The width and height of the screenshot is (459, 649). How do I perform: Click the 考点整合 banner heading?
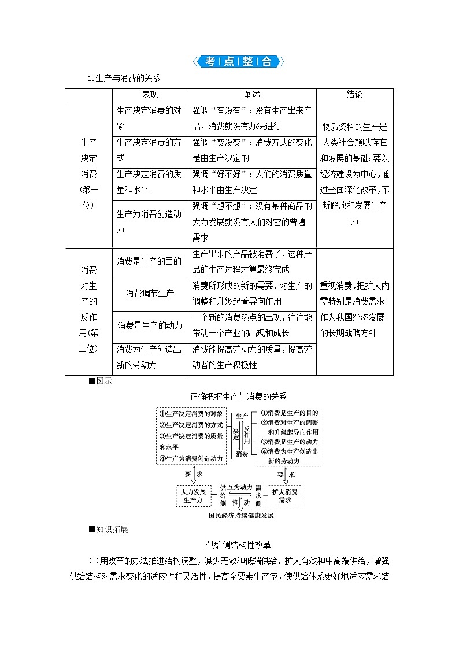coord(238,62)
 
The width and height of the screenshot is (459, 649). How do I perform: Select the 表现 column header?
coord(150,95)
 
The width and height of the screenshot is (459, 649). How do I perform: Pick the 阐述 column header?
coord(252,95)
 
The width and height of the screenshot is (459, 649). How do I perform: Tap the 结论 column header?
coord(354,95)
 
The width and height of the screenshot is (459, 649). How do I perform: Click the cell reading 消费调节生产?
coord(150,293)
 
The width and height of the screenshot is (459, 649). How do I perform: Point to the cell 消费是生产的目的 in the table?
coord(150,262)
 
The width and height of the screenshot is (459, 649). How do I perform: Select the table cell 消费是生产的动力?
coord(150,325)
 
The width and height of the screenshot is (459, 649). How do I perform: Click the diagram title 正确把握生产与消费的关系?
coord(238,396)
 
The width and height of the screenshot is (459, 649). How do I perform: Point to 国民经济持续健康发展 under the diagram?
coord(240,516)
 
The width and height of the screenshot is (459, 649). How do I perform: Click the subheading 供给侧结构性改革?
coord(238,544)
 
